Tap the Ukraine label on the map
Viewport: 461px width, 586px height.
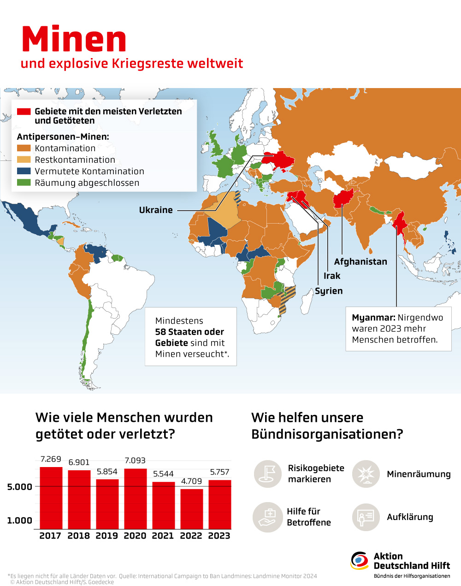coord(156,210)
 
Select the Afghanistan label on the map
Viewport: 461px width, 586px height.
coord(361,262)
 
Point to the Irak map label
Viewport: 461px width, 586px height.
coord(332,276)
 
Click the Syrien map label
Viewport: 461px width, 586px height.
coord(329,291)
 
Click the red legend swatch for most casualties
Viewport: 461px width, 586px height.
coord(24,112)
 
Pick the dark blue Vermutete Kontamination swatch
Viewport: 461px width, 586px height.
coord(24,171)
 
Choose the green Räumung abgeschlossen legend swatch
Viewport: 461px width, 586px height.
coord(24,183)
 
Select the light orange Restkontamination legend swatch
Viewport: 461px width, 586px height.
coord(24,160)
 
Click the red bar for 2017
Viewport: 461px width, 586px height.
coord(51,498)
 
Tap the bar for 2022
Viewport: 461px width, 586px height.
coord(191,509)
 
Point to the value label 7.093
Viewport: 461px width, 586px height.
coord(135,461)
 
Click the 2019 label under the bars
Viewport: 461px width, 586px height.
coord(106,536)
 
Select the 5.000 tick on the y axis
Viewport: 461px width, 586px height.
coord(20,487)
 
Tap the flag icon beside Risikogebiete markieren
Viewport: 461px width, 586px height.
coord(267,474)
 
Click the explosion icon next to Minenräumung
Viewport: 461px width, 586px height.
coord(366,474)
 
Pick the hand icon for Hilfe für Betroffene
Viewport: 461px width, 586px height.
coord(267,517)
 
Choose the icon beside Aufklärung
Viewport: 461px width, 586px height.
coord(366,517)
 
